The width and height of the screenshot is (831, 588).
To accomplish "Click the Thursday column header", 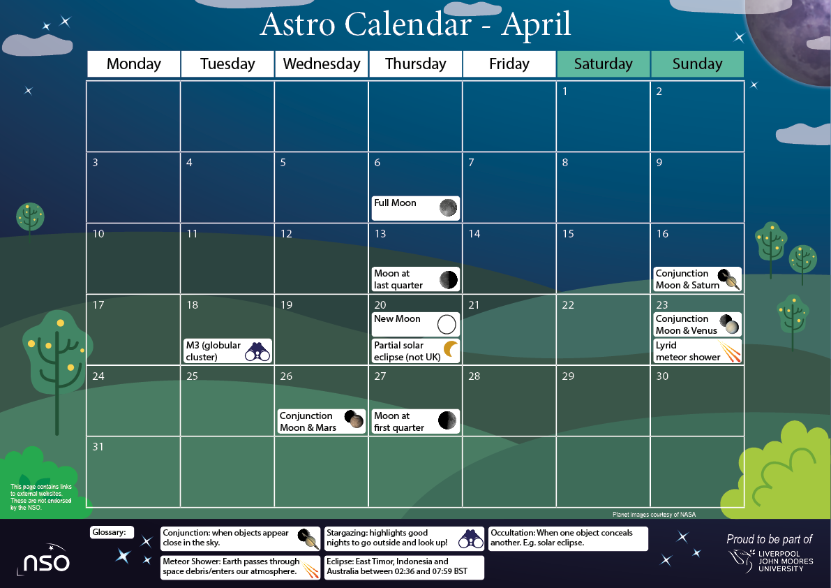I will click(x=415, y=64).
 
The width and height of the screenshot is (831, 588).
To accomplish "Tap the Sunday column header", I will click(x=697, y=64).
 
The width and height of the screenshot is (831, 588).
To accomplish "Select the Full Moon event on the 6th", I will click(x=415, y=207).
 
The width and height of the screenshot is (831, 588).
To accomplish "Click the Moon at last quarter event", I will click(x=415, y=279).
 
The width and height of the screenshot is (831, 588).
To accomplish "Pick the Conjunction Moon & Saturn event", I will click(x=697, y=279).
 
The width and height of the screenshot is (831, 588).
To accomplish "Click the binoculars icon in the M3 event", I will click(x=257, y=351).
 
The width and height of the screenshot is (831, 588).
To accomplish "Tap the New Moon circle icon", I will click(x=447, y=324).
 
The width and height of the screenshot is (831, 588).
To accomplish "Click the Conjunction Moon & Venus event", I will click(x=697, y=324).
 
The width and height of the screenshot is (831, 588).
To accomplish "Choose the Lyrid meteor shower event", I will click(x=697, y=351).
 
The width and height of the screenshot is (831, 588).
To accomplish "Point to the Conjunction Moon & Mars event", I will click(x=322, y=421).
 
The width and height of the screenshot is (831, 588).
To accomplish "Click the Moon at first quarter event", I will click(x=415, y=421).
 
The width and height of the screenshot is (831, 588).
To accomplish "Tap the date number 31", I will click(x=98, y=447).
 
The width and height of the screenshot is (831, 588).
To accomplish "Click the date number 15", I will click(x=568, y=234).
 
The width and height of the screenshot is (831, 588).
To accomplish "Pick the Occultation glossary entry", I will click(x=568, y=538).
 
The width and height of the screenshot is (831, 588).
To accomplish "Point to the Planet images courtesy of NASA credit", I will click(x=654, y=515).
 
